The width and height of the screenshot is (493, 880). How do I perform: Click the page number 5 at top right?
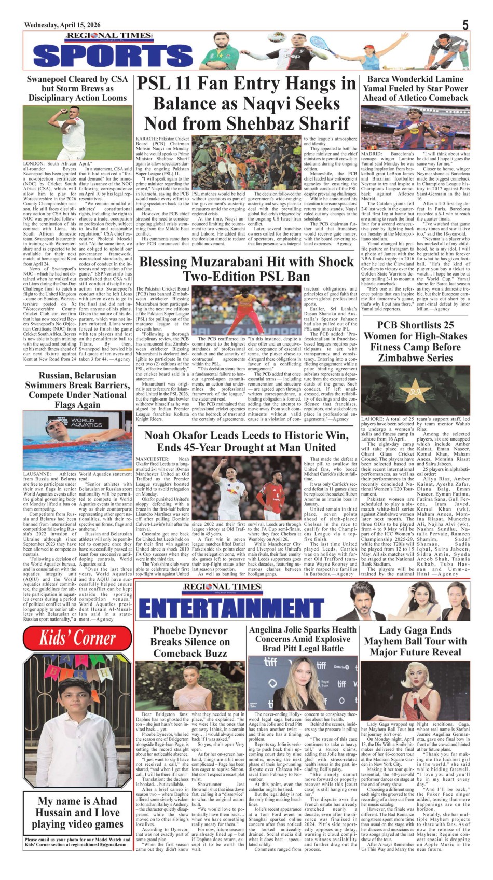(x=465, y=25)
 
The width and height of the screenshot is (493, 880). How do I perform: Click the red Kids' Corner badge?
(x=78, y=638)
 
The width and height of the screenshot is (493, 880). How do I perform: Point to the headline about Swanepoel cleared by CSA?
(x=77, y=88)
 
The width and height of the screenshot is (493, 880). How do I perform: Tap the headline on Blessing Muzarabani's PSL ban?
(x=246, y=269)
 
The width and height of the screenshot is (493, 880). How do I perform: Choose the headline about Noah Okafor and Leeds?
(x=246, y=441)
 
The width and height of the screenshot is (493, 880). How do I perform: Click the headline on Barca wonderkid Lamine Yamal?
(x=415, y=88)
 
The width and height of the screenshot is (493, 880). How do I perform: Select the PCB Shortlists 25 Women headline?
(x=415, y=341)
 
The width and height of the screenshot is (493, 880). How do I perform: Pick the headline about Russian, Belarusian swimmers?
(x=77, y=390)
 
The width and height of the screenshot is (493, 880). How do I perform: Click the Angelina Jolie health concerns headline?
(x=303, y=639)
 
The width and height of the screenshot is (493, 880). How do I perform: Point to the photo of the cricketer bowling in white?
(x=77, y=133)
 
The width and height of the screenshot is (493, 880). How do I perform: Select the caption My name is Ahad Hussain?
(x=77, y=813)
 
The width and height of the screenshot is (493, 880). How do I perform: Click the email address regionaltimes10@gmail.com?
(x=98, y=845)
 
